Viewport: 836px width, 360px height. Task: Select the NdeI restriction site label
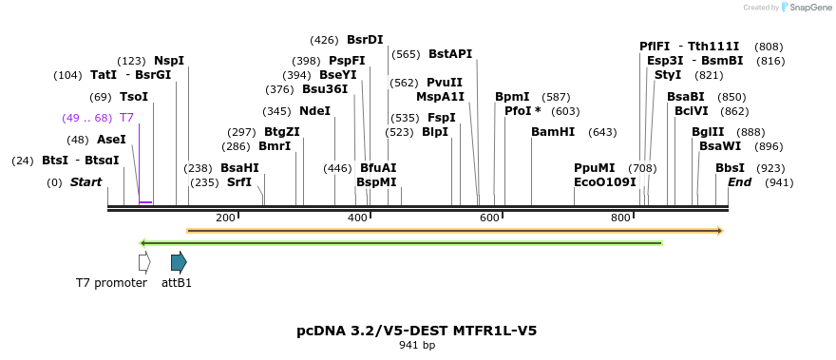314,110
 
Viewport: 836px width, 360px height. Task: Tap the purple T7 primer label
125,118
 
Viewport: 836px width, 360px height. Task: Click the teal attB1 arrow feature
179,262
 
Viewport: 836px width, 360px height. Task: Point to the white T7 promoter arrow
144,262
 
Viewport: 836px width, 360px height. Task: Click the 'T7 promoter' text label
111,283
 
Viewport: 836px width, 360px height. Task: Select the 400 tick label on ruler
357,218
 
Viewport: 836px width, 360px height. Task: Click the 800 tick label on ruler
620,218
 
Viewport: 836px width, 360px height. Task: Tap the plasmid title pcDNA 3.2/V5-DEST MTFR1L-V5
417,331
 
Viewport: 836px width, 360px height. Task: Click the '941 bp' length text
417,346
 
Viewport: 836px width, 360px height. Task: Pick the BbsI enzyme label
730,168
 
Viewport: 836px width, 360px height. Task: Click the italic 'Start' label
85,181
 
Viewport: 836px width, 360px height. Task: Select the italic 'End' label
740,181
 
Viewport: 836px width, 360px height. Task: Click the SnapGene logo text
807,8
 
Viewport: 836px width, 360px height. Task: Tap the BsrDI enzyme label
365,40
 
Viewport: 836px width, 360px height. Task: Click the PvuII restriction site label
445,83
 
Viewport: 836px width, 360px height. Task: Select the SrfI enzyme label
239,181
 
